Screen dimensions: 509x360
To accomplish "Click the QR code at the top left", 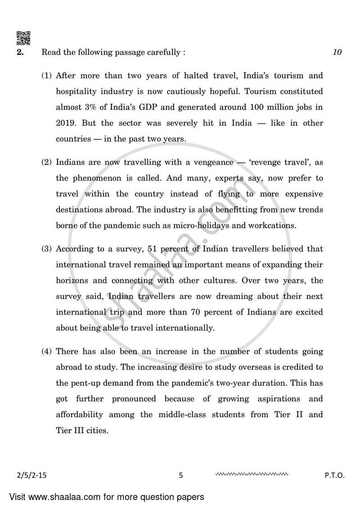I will pos(23,38).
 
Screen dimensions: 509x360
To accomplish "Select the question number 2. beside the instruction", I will pos(20,52).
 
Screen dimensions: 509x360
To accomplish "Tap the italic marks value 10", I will pos(337,52).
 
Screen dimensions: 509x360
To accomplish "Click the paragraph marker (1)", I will pos(47,76).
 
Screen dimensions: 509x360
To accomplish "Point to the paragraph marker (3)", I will pos(47,249).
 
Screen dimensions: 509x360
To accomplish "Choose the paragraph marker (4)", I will pos(47,351).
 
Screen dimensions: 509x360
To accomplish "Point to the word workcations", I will pos(274,225).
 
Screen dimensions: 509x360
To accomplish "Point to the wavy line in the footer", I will pos(252,474).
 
